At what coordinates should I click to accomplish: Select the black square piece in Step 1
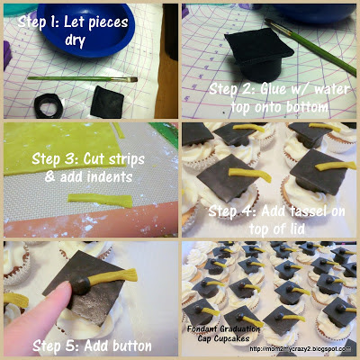point(107,102)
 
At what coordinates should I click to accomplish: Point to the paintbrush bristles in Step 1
point(131,79)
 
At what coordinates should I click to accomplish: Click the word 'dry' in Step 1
point(75,40)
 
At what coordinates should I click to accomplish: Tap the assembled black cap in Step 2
point(258,56)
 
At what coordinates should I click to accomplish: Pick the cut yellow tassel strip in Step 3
point(100,200)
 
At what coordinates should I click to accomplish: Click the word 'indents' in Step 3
point(111,176)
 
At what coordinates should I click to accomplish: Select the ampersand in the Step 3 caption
point(49,176)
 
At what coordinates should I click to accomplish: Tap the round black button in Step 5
point(80,285)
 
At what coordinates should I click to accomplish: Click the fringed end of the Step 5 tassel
point(129,275)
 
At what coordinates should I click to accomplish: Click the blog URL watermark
point(300,349)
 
